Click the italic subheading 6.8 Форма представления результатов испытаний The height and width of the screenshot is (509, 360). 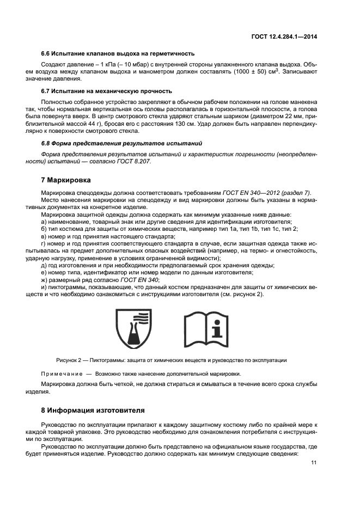coord(121,143)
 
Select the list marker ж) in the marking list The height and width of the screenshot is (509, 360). coord(45,279)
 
